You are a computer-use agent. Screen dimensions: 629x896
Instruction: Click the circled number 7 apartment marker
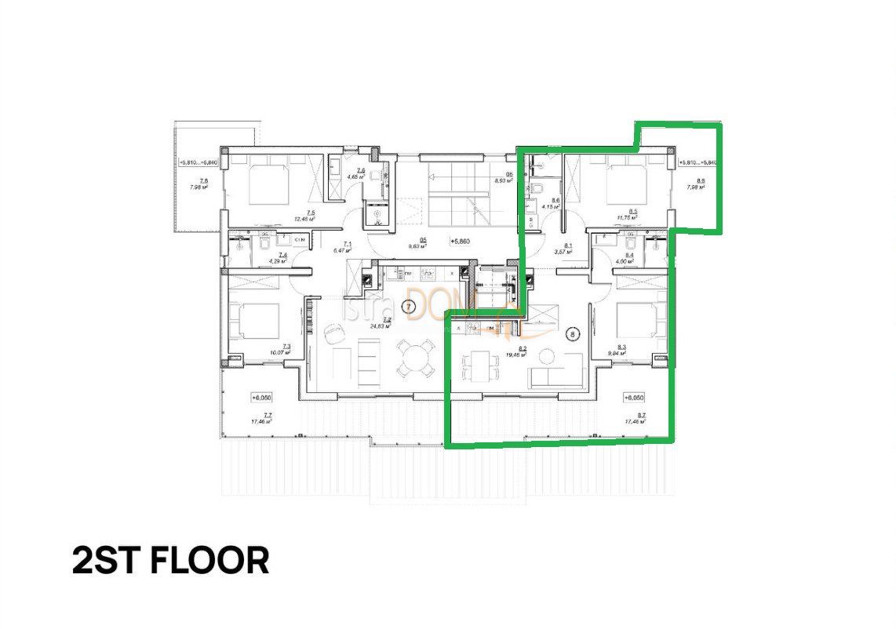coord(407,307)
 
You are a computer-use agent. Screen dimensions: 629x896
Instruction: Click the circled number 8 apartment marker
coord(574,334)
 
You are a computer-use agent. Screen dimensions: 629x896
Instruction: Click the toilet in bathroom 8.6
coord(538,189)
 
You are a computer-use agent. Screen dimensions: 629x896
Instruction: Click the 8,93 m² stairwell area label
coord(503,180)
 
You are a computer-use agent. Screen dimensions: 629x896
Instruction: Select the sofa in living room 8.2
coord(556,373)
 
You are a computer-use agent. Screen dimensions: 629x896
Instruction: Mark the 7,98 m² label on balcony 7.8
coord(199,187)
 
